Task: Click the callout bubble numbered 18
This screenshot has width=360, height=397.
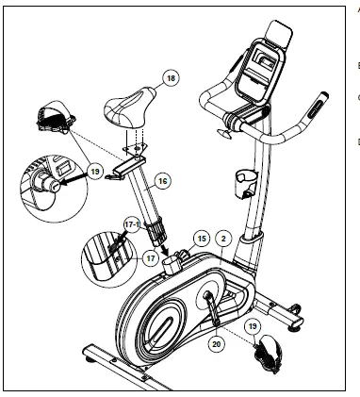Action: (x=170, y=78)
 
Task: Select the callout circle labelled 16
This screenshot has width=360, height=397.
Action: (x=162, y=179)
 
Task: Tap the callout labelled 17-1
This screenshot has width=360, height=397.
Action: (x=133, y=224)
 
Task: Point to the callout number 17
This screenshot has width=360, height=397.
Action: (x=149, y=256)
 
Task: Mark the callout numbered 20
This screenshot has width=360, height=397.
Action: (x=218, y=344)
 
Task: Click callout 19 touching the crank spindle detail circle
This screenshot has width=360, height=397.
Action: (x=94, y=173)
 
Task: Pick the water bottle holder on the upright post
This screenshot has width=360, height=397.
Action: (x=243, y=180)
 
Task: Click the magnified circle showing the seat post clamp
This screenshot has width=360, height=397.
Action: (x=110, y=254)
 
